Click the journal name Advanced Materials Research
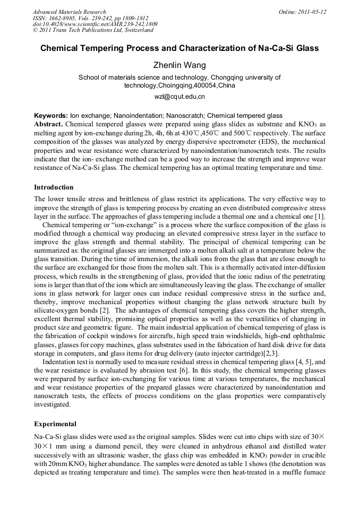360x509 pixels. point(70,12)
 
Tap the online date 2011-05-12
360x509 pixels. point(312,12)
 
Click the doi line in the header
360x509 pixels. point(95,24)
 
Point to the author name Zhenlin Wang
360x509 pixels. point(179,65)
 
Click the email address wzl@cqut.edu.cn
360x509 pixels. point(179,97)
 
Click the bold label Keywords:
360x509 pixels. point(51,116)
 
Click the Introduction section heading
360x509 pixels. point(54,187)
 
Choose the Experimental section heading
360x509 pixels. point(55,424)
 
